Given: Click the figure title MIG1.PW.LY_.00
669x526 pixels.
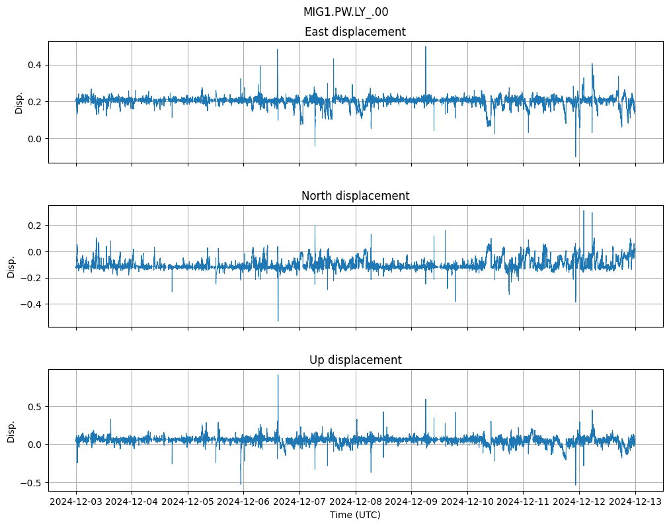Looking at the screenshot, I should [350, 12].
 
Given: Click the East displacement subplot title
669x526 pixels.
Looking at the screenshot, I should [355, 32].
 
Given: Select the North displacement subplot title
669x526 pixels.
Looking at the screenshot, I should [355, 196].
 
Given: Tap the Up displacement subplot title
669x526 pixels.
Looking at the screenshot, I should [355, 360].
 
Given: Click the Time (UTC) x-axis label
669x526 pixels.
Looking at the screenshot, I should [355, 515].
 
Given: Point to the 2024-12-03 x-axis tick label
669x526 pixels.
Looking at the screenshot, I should [76, 502].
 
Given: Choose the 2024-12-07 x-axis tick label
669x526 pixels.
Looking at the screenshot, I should [299, 502].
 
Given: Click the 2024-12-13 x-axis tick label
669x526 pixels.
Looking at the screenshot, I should [635, 502].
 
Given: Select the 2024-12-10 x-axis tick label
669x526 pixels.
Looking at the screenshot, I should [467, 502].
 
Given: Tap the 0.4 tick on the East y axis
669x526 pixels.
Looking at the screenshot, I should [34, 65].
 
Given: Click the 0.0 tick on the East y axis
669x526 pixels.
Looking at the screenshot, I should [34, 138].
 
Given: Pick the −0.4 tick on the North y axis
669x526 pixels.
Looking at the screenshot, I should [31, 304].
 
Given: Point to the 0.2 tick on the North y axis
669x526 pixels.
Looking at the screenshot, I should [34, 226].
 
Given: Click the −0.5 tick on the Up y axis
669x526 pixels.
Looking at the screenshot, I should [31, 482].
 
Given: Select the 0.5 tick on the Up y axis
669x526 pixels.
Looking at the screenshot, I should [34, 406].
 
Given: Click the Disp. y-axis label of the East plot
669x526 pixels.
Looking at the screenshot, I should [19, 102].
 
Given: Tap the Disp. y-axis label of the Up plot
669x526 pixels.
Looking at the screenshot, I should [11, 430].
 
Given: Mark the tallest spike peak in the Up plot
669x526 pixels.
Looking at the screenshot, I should [278, 375].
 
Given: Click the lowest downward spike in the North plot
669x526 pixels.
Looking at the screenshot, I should [278, 321].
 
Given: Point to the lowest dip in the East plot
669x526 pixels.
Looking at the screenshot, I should [575, 157].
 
